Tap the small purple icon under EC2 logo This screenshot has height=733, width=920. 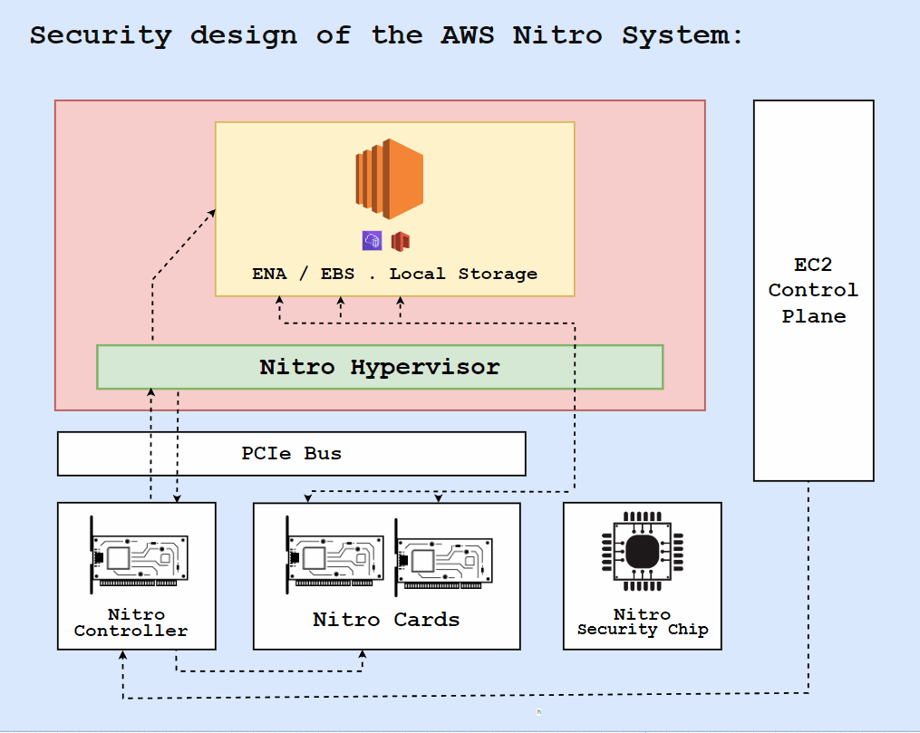click(x=372, y=240)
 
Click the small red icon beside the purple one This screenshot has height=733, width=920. click(x=401, y=240)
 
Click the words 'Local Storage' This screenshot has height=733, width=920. click(x=463, y=274)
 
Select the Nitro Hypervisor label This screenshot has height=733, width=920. click(x=379, y=367)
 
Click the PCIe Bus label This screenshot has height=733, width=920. click(x=291, y=453)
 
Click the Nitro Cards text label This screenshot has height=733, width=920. click(x=386, y=620)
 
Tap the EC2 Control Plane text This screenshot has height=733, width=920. click(x=813, y=291)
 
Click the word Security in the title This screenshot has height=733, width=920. click(x=100, y=35)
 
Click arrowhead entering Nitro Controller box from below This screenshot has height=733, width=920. click(x=122, y=655)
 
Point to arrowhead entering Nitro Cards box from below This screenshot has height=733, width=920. click(x=363, y=655)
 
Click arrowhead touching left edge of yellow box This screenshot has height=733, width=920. click(x=211, y=213)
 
